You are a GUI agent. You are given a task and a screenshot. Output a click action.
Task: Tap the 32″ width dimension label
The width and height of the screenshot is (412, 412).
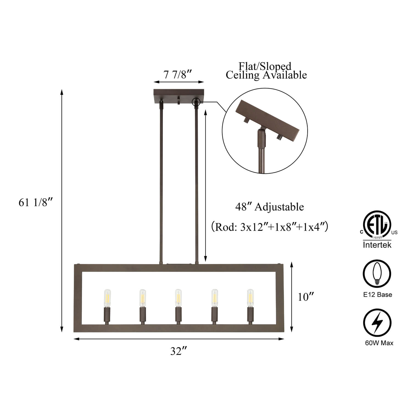click(x=179, y=351)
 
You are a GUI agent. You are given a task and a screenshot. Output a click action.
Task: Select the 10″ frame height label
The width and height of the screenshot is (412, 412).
click(x=306, y=297)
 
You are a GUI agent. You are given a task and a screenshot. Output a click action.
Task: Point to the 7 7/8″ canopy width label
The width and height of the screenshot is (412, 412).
click(x=177, y=74)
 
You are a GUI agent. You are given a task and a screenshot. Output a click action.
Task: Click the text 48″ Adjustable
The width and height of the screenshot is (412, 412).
click(x=269, y=207)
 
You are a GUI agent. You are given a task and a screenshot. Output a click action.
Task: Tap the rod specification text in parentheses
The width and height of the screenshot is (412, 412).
click(x=269, y=227)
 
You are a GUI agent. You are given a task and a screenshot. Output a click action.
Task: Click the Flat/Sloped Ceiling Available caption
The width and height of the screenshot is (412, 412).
click(x=266, y=71)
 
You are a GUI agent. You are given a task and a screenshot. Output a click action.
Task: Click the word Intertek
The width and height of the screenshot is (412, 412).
click(x=377, y=245)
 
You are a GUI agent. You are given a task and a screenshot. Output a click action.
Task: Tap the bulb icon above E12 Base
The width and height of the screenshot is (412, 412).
click(x=377, y=273)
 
